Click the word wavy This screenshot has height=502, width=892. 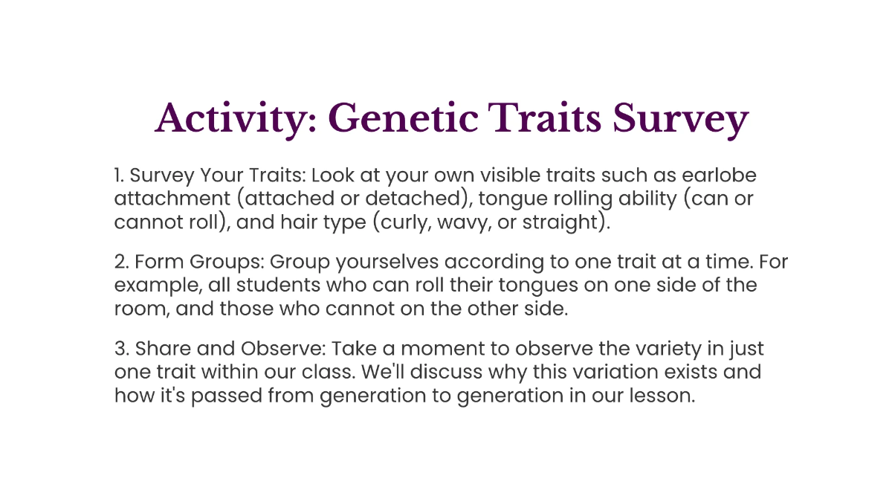(x=476, y=223)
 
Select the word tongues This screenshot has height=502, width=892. (x=541, y=286)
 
